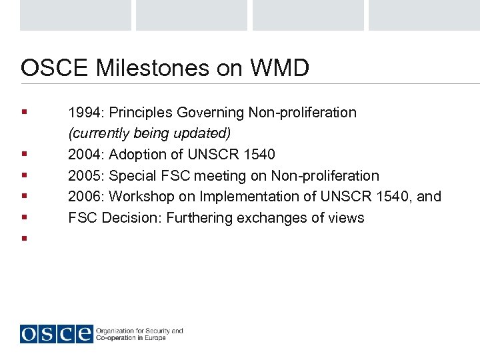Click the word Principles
point(140,113)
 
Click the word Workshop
point(140,197)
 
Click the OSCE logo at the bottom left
point(56,333)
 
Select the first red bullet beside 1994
point(24,112)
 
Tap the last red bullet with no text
point(24,238)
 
